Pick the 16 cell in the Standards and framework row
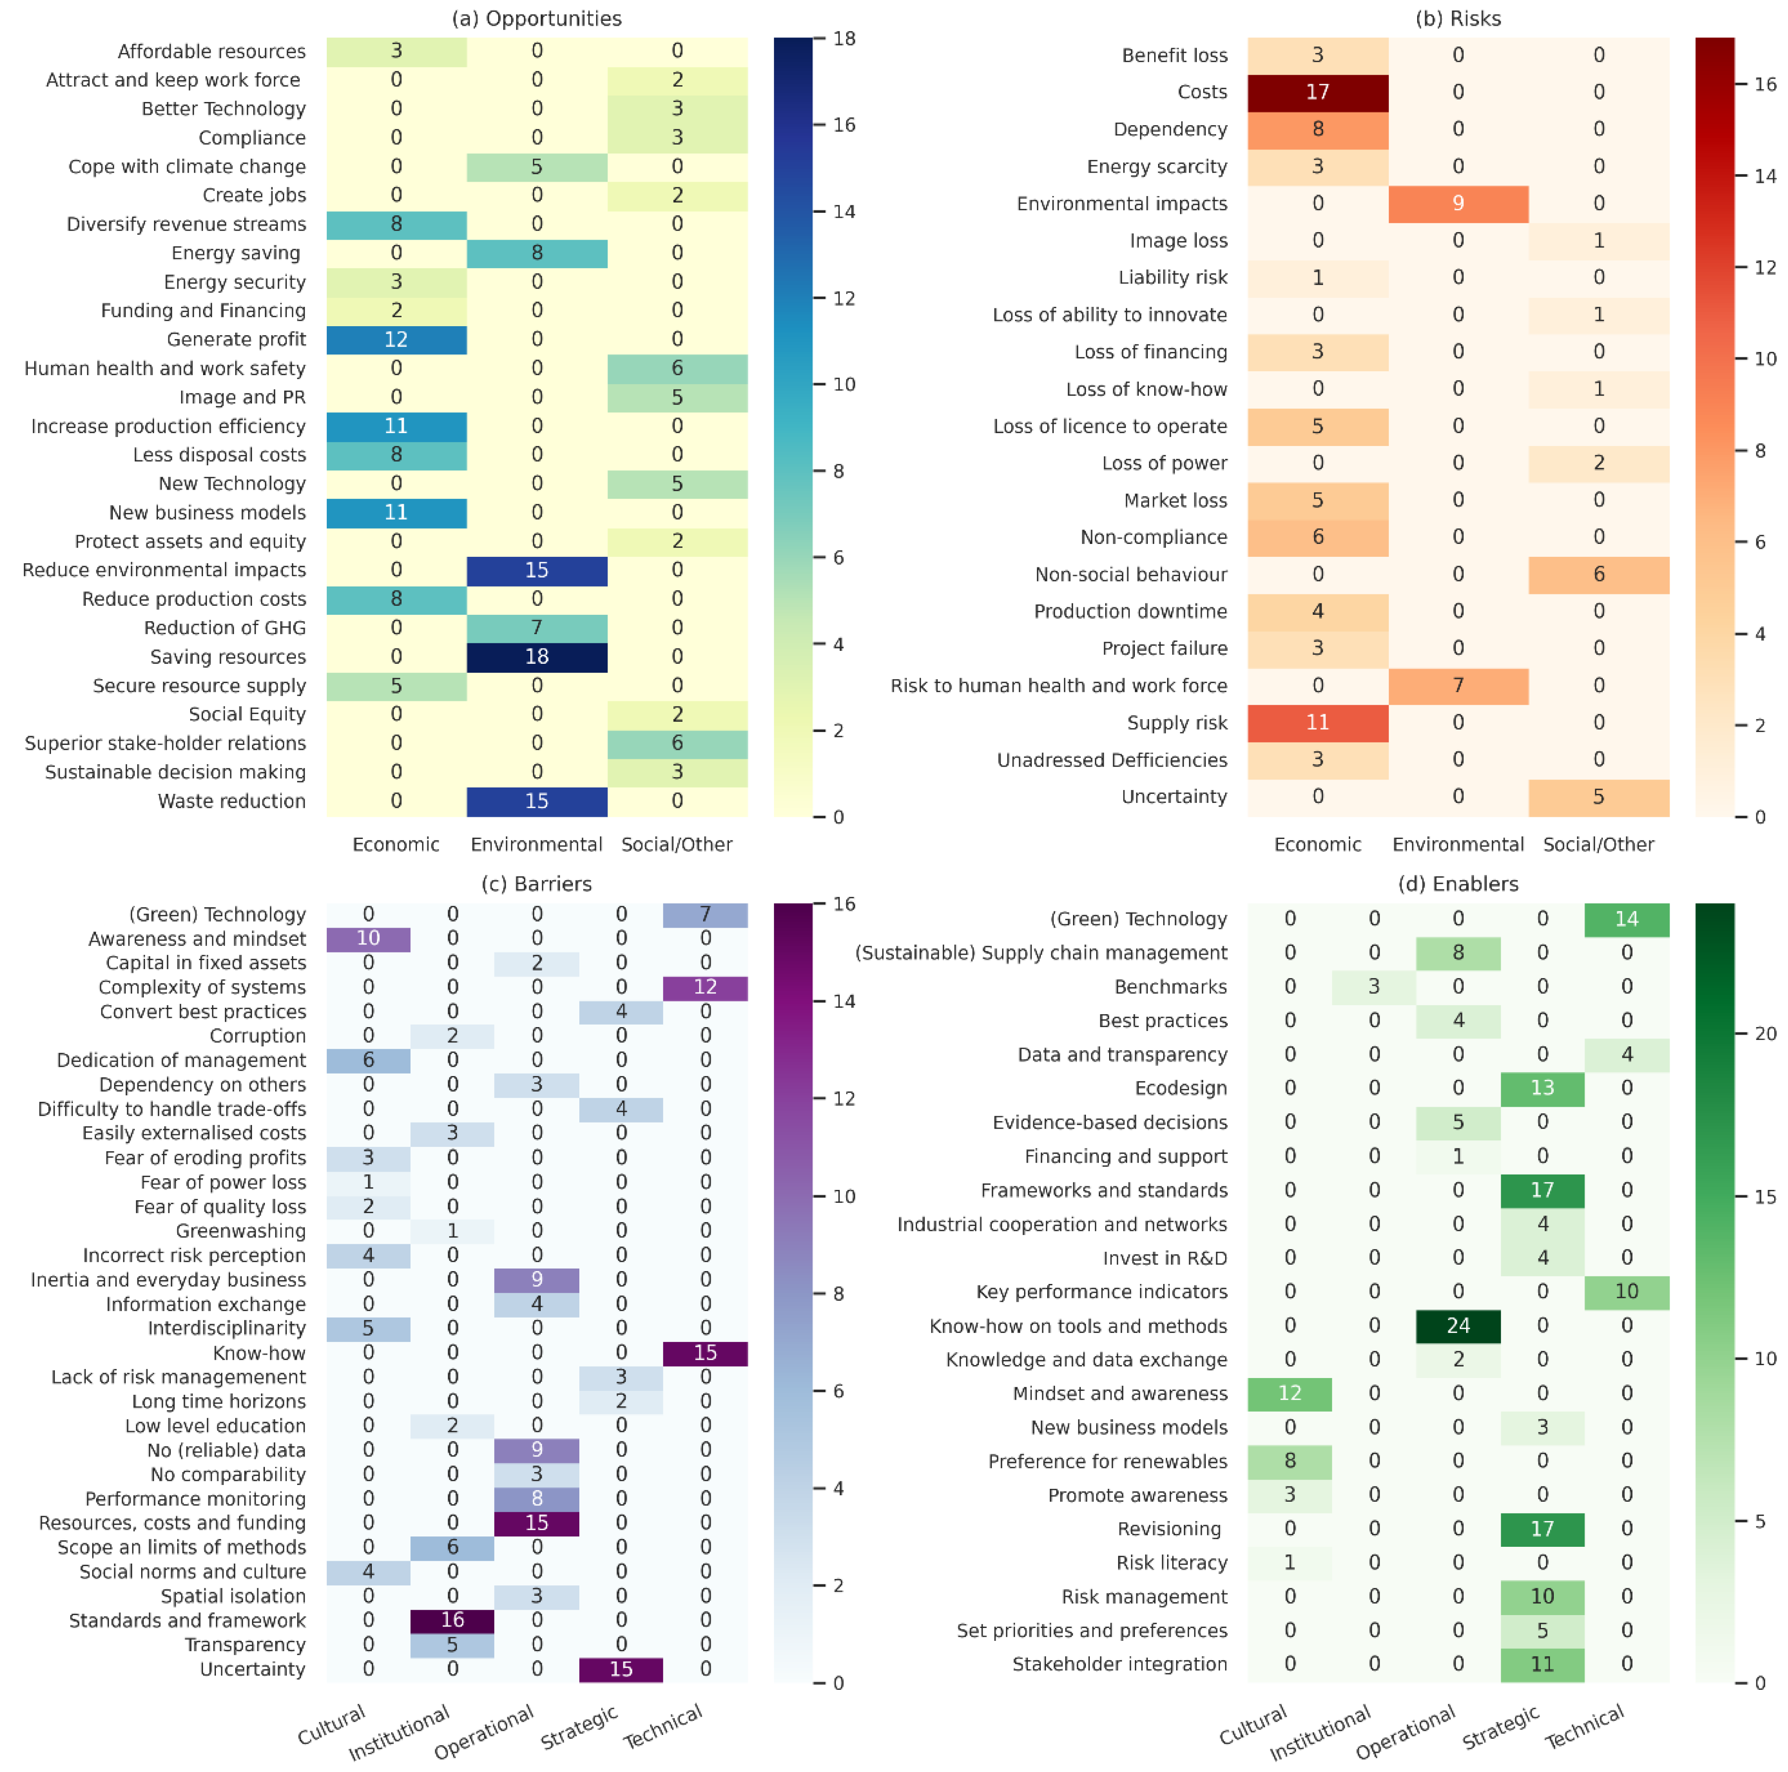(453, 1620)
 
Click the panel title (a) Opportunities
(537, 18)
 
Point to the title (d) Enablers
(1458, 884)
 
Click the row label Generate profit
(236, 340)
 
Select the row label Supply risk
(1176, 723)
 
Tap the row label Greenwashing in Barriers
(241, 1231)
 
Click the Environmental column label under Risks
(1458, 844)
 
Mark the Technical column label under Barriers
(663, 1726)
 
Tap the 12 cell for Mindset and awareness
(1289, 1393)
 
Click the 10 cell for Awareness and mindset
(368, 938)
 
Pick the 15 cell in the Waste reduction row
(537, 801)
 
